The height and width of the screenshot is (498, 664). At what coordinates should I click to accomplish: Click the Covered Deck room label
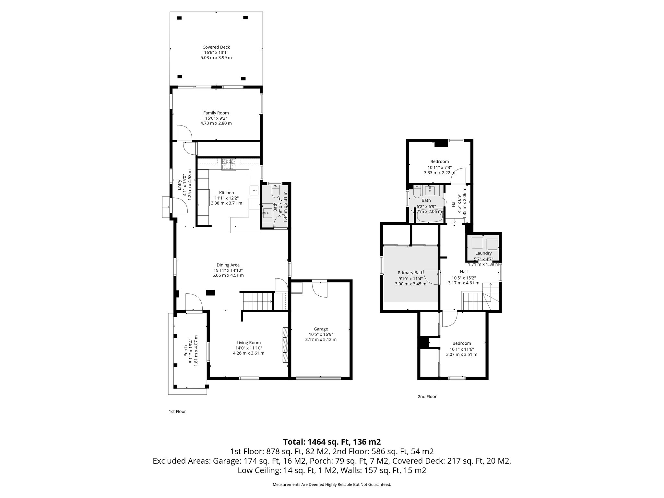216,47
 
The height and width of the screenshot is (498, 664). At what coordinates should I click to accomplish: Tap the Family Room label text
216,113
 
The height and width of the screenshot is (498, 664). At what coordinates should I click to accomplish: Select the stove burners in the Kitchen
229,164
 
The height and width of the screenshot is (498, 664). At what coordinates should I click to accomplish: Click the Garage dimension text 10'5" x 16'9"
321,334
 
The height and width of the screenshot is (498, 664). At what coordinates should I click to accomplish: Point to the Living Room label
248,343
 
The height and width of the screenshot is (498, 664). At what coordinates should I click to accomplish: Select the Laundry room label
483,253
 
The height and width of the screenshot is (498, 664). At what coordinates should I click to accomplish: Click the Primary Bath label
410,273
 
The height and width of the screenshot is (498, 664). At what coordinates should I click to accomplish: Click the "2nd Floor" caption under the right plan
427,397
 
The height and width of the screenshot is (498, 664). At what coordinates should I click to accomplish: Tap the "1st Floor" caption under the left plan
177,411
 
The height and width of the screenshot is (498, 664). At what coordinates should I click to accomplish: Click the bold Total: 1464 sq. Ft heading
332,442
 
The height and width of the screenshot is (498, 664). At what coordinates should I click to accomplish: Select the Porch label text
186,351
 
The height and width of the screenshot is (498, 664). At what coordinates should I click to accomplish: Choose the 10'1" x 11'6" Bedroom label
461,343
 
